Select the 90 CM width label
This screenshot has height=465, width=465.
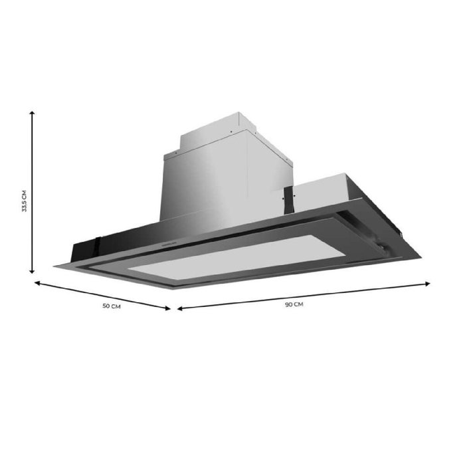point(294,304)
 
